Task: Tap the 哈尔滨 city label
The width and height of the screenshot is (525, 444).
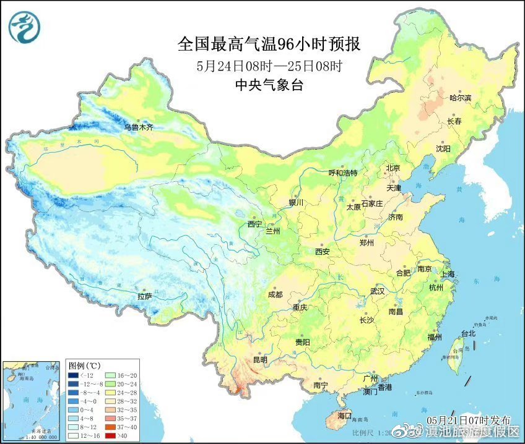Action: click(x=460, y=98)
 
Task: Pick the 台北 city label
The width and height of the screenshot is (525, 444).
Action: click(x=468, y=333)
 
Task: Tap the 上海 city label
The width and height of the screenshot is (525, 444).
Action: click(x=448, y=274)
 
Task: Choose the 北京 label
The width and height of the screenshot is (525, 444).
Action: click(x=394, y=168)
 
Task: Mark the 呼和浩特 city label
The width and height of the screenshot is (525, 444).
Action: click(x=342, y=173)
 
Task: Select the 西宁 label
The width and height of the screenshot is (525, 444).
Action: click(x=255, y=224)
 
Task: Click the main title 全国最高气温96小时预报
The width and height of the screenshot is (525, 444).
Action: click(x=269, y=44)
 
